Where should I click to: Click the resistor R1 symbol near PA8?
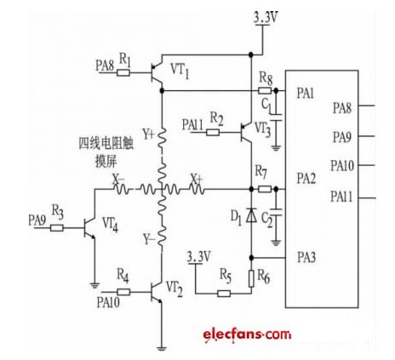point(123,73)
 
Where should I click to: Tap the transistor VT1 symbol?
point(157,72)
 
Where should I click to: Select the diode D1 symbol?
point(251,214)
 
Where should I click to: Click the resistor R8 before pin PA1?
point(265,91)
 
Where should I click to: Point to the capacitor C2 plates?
point(276,212)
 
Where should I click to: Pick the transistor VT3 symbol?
point(246,133)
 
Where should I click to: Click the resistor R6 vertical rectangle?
point(251,278)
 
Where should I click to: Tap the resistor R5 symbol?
point(224,294)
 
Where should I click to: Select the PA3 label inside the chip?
point(306,257)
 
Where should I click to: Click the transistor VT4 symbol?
point(89,228)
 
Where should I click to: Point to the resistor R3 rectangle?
point(57,228)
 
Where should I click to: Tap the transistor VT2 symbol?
point(157,292)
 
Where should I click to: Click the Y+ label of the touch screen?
point(148,135)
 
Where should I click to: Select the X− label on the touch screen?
point(118,180)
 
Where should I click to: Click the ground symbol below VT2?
point(162,348)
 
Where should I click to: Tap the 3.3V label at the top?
point(266,18)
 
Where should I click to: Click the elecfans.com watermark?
point(247,334)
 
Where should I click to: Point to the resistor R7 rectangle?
point(265,189)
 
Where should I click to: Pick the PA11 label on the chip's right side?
point(341,197)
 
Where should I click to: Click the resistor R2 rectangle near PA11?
point(213,133)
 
